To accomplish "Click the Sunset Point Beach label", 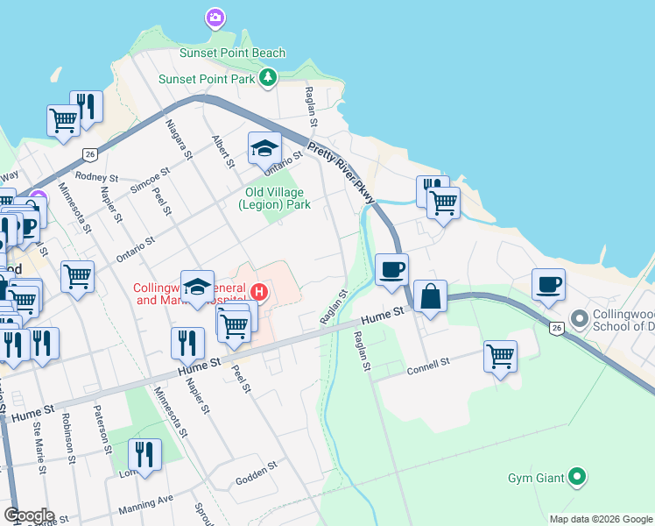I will [232, 53].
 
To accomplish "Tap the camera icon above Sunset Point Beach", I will [215, 17].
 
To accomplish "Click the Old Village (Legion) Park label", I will [274, 198].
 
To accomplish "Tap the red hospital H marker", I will [258, 291].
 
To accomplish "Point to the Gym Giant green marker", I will [576, 477].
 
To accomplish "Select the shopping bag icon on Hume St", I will [431, 296].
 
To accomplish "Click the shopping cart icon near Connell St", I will [500, 356].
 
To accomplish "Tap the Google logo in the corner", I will [29, 515].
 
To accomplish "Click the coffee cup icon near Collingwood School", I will [548, 285].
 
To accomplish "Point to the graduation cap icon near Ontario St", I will [264, 147].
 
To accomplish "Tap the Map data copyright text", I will [601, 519].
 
